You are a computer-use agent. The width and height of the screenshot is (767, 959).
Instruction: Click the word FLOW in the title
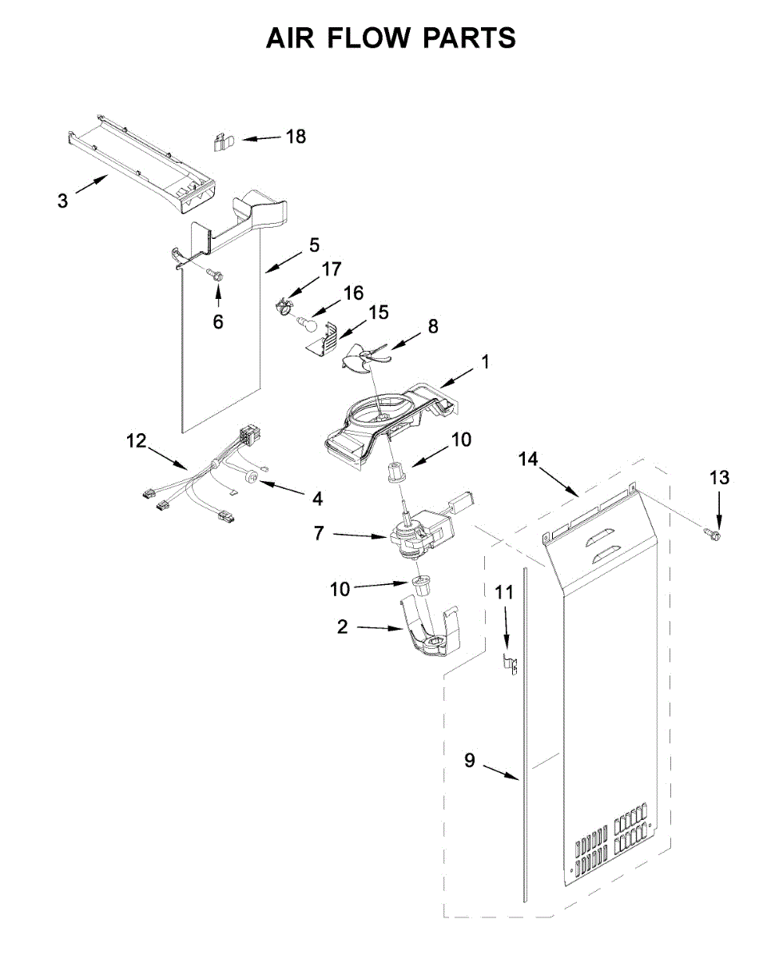pos(391,38)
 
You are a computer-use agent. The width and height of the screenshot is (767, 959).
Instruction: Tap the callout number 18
pos(296,137)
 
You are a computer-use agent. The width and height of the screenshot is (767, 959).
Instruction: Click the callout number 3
pos(63,201)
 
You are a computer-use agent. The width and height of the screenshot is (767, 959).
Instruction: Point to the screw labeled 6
pos(215,275)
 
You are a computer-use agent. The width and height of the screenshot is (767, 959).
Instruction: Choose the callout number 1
pos(484,362)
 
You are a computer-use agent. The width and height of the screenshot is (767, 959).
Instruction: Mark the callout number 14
pos(527,459)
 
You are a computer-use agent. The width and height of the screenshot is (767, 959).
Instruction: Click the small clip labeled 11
pos(507,662)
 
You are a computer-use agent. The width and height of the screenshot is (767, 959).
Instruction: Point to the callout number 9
pos(469,761)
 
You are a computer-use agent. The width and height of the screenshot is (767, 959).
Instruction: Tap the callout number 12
pos(137,440)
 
